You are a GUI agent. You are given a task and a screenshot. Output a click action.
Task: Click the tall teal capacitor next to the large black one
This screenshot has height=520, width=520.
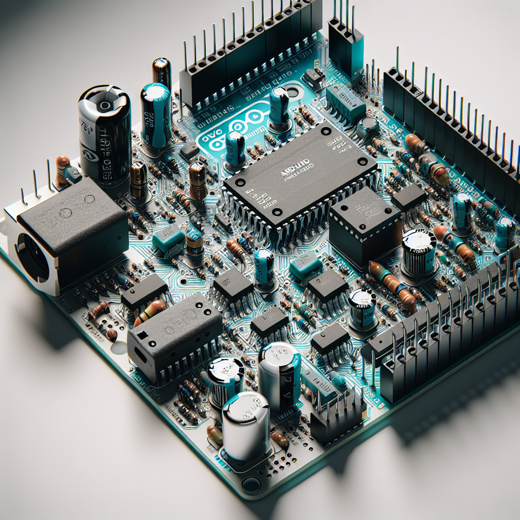(x=155, y=114)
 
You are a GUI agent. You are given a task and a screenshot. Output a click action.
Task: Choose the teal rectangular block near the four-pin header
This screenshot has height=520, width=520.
(x=346, y=102)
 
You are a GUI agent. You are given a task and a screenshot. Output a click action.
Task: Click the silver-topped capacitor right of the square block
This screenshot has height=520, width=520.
(x=419, y=251)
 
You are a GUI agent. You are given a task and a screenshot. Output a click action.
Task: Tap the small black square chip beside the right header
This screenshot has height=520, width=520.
(x=409, y=197)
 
